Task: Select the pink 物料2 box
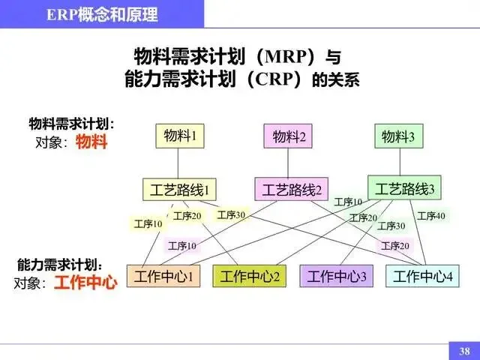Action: [x=289, y=136]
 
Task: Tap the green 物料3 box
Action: [x=398, y=136]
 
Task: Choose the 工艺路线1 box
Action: [x=178, y=189]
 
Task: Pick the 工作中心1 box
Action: [x=164, y=276]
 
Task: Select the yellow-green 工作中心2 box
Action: [x=250, y=276]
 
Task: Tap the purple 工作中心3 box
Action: [x=337, y=276]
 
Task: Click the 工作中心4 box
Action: [x=423, y=276]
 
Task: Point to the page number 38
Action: [x=464, y=350]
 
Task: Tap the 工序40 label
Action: [x=431, y=216]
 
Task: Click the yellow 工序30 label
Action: [x=231, y=215]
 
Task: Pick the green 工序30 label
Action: [x=391, y=226]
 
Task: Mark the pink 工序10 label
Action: [x=182, y=245]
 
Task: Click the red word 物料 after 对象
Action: [x=92, y=142]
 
